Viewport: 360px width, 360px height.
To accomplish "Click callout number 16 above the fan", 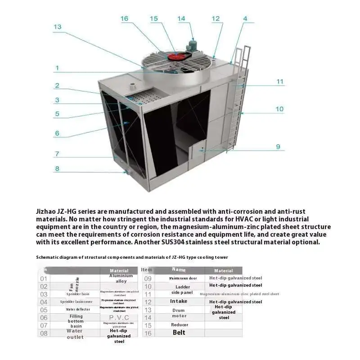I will pyautogui.click(x=124, y=18).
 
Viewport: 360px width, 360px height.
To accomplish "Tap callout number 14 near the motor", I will pyautogui.click(x=181, y=18).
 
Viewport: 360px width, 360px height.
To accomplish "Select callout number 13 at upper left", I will pyautogui.click(x=57, y=27).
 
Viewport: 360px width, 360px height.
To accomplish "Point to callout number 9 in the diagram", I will pyautogui.click(x=278, y=147).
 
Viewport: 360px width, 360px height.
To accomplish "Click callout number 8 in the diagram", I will pyautogui.click(x=57, y=169).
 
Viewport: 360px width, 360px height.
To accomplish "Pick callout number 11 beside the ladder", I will pyautogui.click(x=280, y=82).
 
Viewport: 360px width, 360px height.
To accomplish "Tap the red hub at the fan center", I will pyautogui.click(x=174, y=57).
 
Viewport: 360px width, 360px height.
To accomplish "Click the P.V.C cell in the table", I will pyautogui.click(x=119, y=317).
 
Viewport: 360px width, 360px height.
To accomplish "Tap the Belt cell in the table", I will pyautogui.click(x=179, y=333).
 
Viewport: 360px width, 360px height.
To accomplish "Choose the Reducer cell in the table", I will pyautogui.click(x=180, y=324).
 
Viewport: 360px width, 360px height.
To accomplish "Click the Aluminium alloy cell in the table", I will pyautogui.click(x=121, y=278).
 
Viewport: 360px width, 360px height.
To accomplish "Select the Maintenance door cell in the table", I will pyautogui.click(x=183, y=278).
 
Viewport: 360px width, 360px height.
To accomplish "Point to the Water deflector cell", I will pyautogui.click(x=75, y=309).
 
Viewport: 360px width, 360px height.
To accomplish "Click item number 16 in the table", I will pyautogui.click(x=148, y=333).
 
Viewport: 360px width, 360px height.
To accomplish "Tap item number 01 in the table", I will pyautogui.click(x=44, y=279).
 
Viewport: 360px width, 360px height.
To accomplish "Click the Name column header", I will pyautogui.click(x=179, y=270).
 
